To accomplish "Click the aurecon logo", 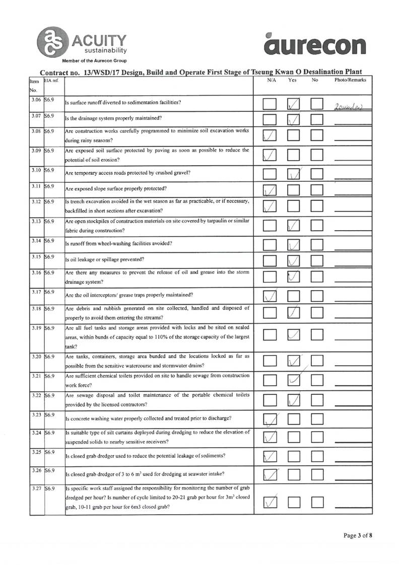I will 314,45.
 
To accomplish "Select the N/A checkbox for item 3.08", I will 270,135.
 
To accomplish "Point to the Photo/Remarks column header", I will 350,80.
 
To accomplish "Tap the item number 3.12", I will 35,201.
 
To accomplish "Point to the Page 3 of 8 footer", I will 357,535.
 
